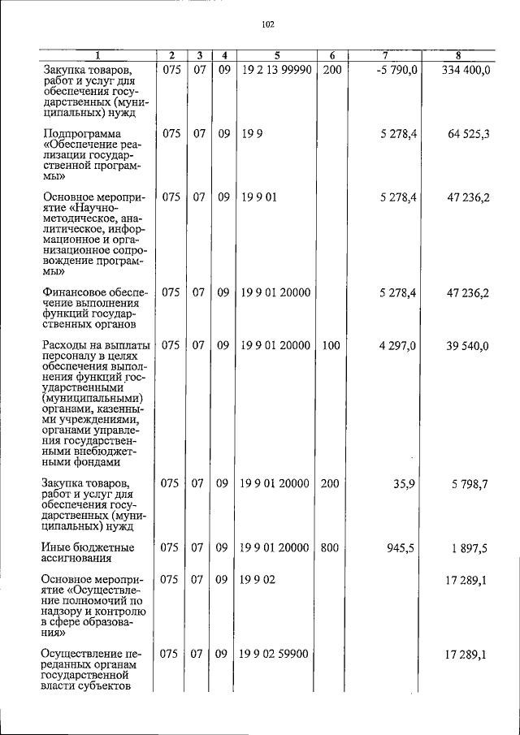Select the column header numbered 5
[x=277, y=55]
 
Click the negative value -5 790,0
[x=397, y=71]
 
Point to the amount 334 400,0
[x=466, y=71]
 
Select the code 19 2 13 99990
[x=276, y=71]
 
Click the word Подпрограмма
[x=82, y=133]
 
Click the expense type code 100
[x=330, y=345]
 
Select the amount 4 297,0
[x=397, y=345]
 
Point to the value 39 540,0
[x=467, y=345]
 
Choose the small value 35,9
[x=404, y=482]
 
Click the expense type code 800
[x=330, y=547]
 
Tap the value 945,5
[x=401, y=547]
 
